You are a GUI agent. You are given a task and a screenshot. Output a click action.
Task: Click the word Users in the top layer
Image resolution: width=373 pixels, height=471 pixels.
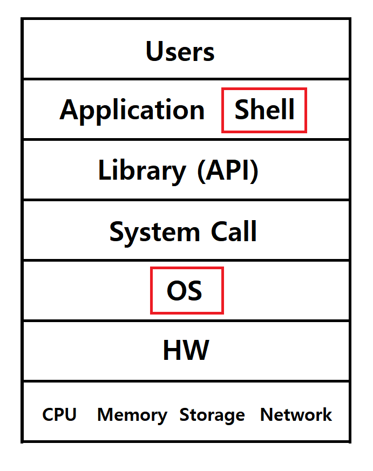180,51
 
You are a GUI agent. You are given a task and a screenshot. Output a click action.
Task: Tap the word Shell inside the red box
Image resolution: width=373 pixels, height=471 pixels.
265,110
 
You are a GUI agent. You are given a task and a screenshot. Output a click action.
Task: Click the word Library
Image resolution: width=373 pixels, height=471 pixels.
142,172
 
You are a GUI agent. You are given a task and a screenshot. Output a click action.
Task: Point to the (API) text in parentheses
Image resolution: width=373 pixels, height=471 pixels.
228,171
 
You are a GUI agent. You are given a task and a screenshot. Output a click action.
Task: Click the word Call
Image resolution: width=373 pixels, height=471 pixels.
234,231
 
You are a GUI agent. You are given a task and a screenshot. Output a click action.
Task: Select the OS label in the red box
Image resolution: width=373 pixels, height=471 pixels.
185,290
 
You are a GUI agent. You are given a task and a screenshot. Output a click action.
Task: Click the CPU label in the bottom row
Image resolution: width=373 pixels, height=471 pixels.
59,414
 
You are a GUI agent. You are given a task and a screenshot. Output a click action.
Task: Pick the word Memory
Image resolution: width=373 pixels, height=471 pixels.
132,416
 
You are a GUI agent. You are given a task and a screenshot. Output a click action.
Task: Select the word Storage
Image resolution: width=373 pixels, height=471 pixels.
212,416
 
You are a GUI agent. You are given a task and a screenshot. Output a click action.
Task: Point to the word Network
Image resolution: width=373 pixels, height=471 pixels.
296,414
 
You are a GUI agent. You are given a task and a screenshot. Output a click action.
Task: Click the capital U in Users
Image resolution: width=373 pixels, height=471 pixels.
155,51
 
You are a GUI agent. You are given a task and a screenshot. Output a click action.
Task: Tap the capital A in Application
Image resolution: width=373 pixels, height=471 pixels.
70,110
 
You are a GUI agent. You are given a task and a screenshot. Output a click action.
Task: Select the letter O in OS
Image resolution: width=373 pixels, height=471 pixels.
177,290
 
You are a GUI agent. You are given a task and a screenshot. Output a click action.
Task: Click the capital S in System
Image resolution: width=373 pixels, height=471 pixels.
117,231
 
